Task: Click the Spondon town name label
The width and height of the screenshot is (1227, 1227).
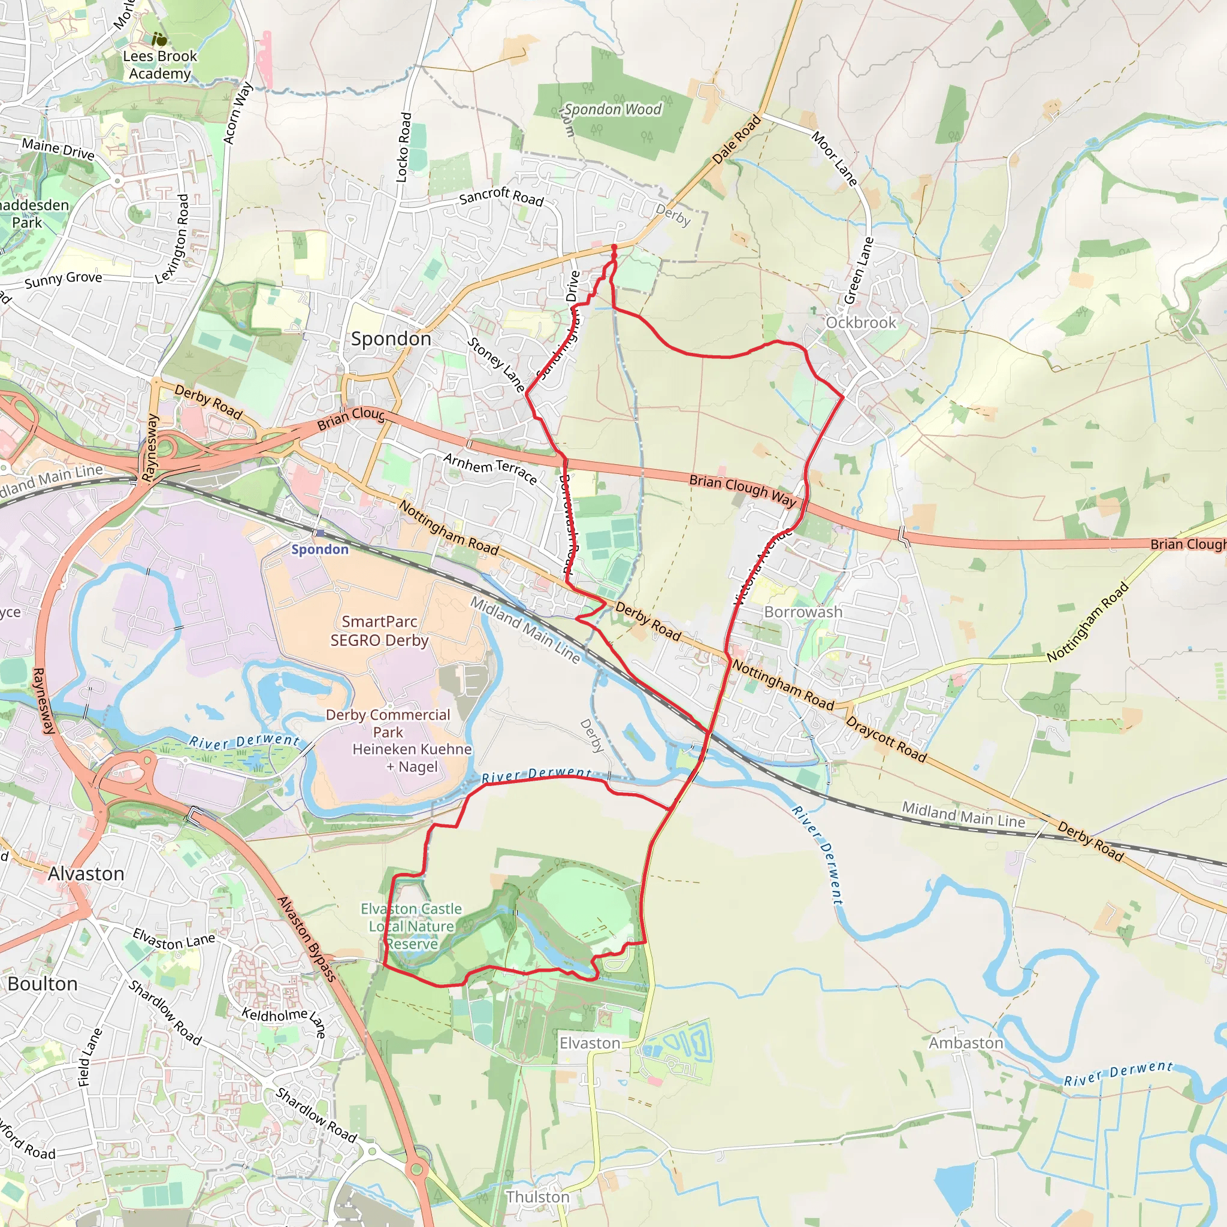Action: click(x=391, y=339)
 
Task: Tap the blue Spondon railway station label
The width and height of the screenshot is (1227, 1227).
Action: click(x=319, y=549)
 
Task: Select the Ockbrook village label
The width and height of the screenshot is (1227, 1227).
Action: click(x=860, y=323)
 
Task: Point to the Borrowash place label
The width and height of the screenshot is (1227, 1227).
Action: click(x=803, y=612)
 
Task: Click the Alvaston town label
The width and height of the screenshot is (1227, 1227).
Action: click(x=86, y=874)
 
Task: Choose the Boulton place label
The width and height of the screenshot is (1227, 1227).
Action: click(x=43, y=984)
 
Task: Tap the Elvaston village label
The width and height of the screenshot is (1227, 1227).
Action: click(x=590, y=1043)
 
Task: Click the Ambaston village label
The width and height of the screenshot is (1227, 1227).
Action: click(x=965, y=1043)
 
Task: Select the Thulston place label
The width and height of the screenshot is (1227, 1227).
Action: click(x=537, y=1196)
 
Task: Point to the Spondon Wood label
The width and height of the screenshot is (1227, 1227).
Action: click(x=613, y=109)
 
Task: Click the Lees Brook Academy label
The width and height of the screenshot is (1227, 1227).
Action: click(x=159, y=65)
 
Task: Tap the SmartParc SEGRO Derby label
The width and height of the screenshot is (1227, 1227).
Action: click(x=379, y=631)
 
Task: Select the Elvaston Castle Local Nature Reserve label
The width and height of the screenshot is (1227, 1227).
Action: click(x=412, y=926)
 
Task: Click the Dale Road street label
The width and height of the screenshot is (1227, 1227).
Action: click(x=736, y=140)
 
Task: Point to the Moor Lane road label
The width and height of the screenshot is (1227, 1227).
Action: click(x=835, y=159)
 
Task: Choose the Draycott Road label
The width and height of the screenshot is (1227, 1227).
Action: click(x=886, y=739)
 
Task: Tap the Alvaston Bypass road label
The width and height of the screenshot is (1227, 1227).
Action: click(x=306, y=939)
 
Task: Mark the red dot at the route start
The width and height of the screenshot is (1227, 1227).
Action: click(x=613, y=247)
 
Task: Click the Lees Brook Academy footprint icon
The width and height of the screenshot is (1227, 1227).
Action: click(x=159, y=40)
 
